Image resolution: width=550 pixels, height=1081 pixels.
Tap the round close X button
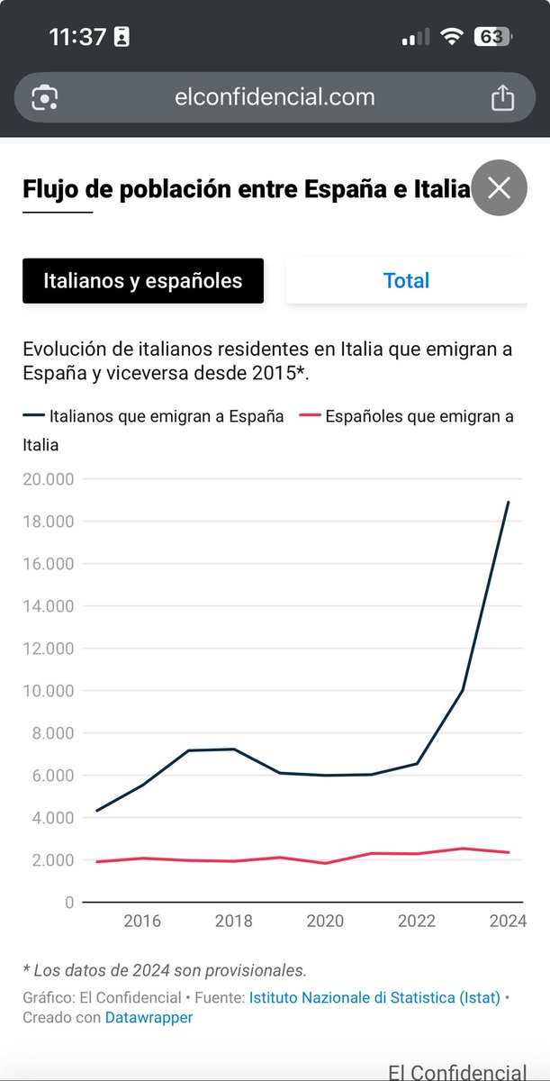(499, 188)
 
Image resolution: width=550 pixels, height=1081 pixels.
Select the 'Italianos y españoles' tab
(143, 280)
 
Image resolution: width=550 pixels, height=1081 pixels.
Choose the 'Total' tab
(406, 280)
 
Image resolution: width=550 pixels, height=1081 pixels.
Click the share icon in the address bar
(502, 97)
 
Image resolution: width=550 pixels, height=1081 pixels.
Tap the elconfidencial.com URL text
(275, 97)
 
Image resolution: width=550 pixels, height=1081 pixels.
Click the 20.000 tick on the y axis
(48, 479)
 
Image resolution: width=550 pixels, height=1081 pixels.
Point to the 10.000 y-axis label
(48, 691)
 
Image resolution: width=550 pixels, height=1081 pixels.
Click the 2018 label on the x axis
(235, 921)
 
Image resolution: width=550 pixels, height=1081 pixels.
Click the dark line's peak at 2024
(509, 503)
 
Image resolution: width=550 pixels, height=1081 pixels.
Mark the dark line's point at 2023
(463, 690)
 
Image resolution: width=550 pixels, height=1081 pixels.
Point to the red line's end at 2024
(509, 852)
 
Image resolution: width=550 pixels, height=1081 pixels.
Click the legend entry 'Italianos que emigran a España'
(167, 416)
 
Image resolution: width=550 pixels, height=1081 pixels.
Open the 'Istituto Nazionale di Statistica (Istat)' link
(374, 998)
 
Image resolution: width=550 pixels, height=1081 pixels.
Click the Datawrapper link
(149, 1017)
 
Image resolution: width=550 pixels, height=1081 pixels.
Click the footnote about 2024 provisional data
(165, 970)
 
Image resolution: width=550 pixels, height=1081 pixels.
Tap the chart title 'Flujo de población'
(246, 189)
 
